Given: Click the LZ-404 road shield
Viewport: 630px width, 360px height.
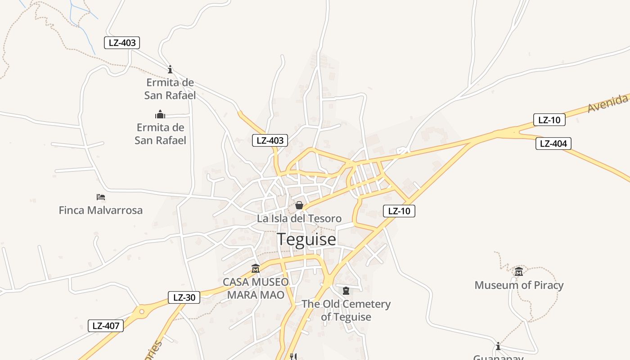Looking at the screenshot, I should click(x=553, y=144).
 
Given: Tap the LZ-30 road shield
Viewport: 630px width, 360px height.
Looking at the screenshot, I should click(x=184, y=297).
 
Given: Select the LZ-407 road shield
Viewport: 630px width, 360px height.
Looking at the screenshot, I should click(x=106, y=326).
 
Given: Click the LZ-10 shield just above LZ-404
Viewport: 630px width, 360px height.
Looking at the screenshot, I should click(x=549, y=120).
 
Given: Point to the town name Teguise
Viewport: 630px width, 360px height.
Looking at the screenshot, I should click(x=306, y=239).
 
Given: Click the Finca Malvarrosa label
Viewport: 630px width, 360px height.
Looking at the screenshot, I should click(x=100, y=210).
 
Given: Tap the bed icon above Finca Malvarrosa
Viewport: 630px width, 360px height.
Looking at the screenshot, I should click(x=101, y=197).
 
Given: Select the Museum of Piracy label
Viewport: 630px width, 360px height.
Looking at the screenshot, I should click(x=519, y=285).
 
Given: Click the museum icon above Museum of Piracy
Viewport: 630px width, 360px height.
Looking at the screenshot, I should click(x=519, y=271).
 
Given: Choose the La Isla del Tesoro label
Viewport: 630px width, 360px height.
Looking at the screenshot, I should click(x=299, y=219).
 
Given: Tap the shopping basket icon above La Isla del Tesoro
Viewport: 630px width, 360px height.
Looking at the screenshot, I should click(x=299, y=206).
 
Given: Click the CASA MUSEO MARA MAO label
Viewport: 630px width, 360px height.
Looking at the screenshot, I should click(x=256, y=288).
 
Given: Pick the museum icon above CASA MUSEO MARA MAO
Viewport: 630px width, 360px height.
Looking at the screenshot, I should click(x=256, y=269).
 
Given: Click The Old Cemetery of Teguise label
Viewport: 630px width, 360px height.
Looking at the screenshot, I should click(x=346, y=310).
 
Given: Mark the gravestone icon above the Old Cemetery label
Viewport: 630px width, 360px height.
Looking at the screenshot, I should click(x=346, y=291).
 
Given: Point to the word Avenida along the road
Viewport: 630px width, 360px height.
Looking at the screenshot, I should click(x=607, y=103).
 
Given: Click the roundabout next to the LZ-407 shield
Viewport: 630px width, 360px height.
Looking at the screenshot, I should click(x=142, y=311).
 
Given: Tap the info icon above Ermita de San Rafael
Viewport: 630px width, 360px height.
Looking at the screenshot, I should click(x=170, y=69).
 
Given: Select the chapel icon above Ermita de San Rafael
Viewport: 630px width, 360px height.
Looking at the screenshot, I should click(x=160, y=114).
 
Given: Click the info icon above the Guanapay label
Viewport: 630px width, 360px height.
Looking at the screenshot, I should click(x=498, y=346).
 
